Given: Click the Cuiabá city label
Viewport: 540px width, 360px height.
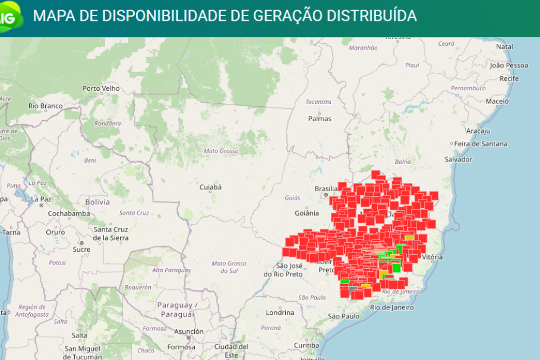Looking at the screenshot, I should (210, 187).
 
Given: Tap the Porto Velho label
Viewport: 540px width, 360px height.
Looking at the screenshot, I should (101, 89).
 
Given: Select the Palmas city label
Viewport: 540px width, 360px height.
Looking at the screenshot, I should (319, 118).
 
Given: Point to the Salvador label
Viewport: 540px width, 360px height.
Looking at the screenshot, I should (459, 159).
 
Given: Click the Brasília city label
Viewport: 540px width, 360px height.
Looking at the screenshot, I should (326, 188).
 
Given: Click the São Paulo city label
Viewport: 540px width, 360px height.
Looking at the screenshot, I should (344, 316).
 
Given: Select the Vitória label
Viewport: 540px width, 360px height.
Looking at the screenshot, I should (431, 257).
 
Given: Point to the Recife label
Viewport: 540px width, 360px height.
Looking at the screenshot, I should (509, 78).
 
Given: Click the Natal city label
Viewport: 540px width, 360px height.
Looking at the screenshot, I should (504, 46).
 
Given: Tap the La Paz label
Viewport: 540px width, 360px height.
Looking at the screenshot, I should (41, 199).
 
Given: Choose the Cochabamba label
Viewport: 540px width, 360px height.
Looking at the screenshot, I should (69, 213).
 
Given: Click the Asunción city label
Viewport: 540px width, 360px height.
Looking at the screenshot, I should (189, 331).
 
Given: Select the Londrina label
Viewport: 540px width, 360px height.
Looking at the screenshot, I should (280, 312).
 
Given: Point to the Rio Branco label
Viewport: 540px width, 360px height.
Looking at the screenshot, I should (46, 106).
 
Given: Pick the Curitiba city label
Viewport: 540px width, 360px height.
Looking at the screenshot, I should (307, 345).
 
